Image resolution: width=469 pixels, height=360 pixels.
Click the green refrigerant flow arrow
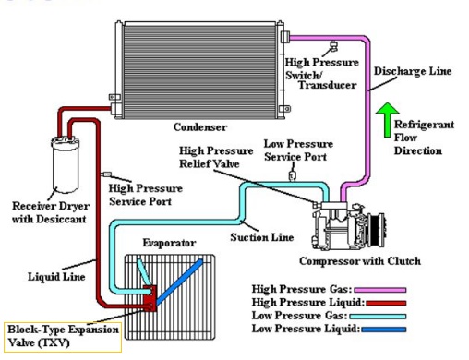tap(388, 120)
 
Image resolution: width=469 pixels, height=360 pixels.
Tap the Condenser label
tap(200, 127)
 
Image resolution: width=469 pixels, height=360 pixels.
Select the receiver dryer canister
tap(65, 164)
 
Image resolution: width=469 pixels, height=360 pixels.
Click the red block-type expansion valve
tap(150, 299)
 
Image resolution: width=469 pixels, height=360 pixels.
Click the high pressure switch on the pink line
tap(333, 47)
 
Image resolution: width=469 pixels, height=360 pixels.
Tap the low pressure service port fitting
tap(292, 175)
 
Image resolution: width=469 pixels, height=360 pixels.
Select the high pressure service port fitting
tap(105, 174)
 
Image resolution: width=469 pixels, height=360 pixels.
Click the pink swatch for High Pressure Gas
tap(380, 290)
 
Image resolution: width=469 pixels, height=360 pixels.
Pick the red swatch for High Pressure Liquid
tap(386, 303)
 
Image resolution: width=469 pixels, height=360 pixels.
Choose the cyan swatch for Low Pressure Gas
tap(378, 317)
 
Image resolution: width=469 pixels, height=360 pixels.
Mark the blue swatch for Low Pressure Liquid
tap(384, 330)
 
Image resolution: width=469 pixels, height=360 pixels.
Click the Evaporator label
tap(169, 243)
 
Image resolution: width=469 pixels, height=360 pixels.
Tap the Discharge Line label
tap(413, 71)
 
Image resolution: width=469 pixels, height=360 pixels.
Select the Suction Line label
tap(262, 237)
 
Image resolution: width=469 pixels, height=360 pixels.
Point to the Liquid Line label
tap(56, 277)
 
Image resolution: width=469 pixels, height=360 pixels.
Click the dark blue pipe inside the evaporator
tap(179, 282)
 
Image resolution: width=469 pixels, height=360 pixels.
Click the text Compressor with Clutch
tap(360, 261)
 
